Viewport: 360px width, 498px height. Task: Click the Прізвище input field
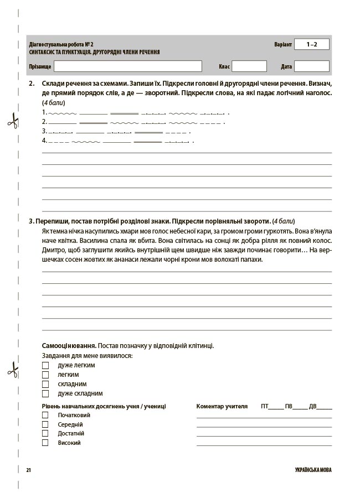(128, 66)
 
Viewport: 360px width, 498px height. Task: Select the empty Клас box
(249, 66)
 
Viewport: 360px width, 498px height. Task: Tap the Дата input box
(312, 66)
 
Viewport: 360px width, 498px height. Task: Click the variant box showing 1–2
(312, 44)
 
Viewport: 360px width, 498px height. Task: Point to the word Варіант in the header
(282, 44)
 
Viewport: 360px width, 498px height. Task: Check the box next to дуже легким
(45, 365)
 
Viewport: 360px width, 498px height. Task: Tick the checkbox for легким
(45, 375)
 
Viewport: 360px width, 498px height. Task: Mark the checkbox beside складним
(45, 384)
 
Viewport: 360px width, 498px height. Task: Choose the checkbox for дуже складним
(45, 393)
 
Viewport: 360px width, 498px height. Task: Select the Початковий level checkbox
(45, 415)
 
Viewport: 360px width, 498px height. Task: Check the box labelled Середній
(45, 424)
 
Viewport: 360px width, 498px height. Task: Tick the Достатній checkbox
(45, 433)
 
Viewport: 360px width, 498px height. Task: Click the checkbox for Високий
(45, 443)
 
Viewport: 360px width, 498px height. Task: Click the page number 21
(29, 470)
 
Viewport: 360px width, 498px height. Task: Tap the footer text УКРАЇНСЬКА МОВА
(313, 470)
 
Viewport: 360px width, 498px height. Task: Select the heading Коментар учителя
(222, 406)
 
